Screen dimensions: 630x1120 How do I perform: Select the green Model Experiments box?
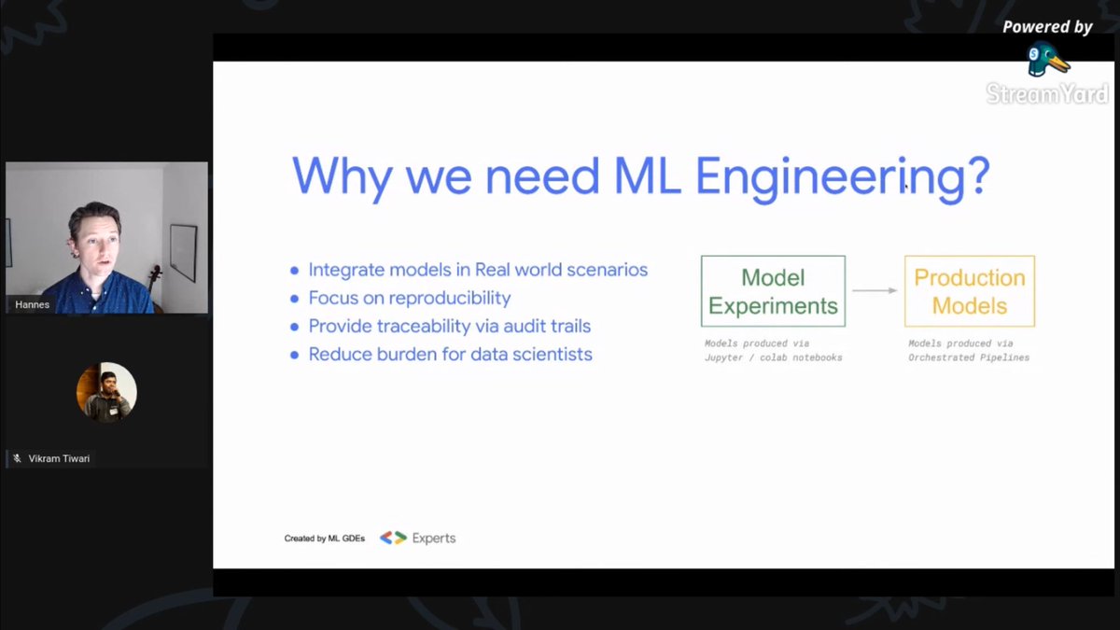(773, 291)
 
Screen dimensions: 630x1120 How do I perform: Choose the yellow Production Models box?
(969, 291)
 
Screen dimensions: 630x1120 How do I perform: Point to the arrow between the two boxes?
(875, 291)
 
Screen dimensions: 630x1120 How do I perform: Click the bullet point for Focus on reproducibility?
(295, 299)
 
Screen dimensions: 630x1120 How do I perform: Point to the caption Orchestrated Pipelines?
(969, 357)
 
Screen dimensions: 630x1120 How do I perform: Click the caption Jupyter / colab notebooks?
(773, 357)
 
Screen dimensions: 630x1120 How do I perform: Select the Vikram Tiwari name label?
(59, 458)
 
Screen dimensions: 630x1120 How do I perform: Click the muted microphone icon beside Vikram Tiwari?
(17, 458)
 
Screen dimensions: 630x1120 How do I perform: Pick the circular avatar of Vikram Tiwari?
(106, 392)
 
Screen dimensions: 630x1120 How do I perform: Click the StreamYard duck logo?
(1047, 60)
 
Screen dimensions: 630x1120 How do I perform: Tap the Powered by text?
(1047, 27)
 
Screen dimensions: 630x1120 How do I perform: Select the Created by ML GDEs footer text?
(325, 539)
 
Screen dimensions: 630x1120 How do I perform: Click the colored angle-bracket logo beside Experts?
(393, 538)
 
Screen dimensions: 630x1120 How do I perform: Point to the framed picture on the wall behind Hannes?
(183, 252)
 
